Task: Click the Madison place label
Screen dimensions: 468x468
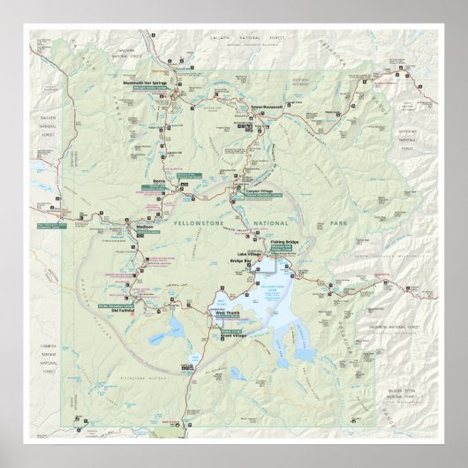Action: tap(145, 226)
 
